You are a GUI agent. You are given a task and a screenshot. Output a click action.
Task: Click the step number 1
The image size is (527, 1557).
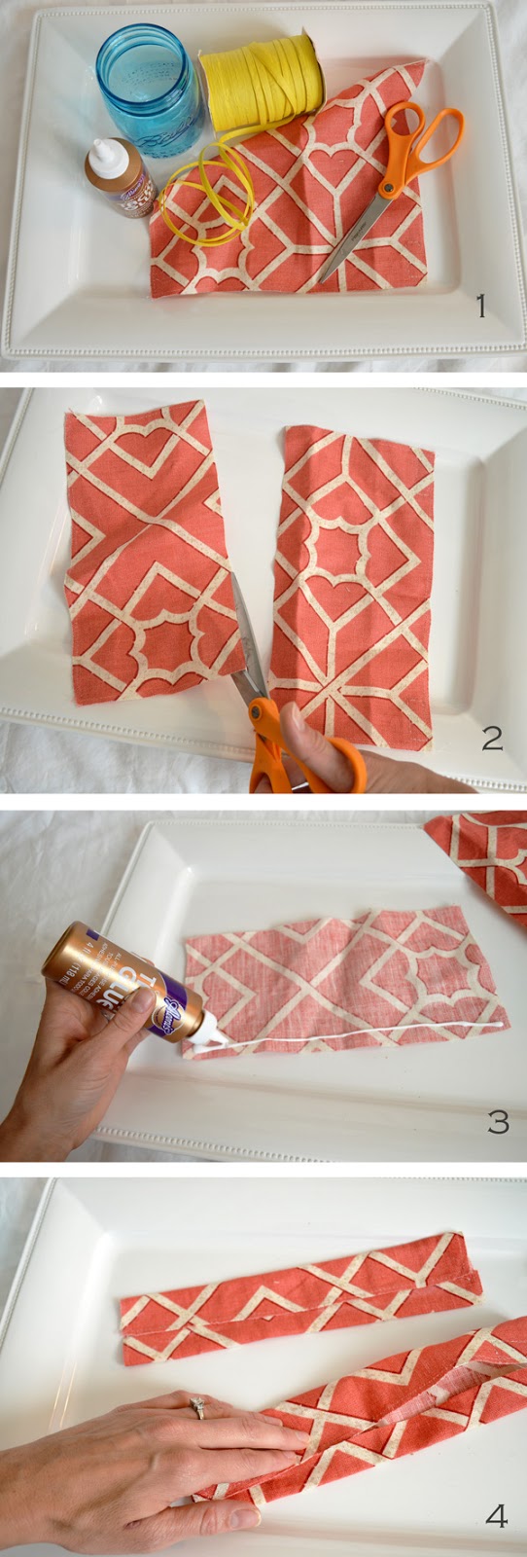[x=479, y=308]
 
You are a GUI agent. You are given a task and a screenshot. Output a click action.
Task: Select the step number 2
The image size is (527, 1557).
[x=492, y=739]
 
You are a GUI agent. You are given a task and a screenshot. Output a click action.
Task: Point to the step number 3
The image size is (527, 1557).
[x=498, y=1123]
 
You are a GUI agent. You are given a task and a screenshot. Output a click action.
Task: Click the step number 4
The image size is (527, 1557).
[x=497, y=1516]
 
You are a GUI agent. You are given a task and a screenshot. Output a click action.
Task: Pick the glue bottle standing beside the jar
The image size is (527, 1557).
[x=117, y=178]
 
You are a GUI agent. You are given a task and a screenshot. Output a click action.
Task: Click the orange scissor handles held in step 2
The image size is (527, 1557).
[x=292, y=744]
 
